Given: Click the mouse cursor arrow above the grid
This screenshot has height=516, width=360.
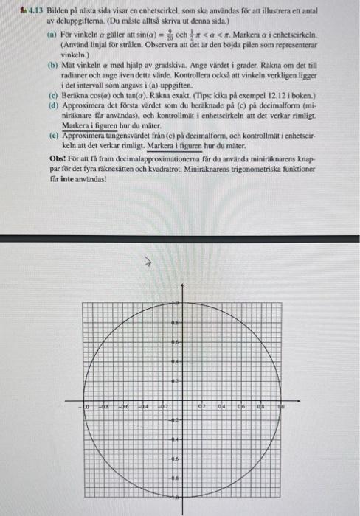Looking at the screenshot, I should pos(147,260).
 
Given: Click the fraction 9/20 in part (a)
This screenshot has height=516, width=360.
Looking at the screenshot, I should pos(167,35).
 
